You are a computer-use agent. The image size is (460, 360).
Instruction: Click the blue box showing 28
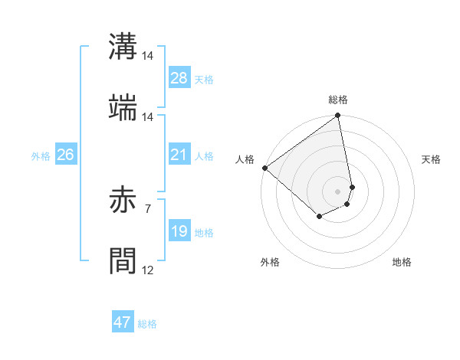[179, 78]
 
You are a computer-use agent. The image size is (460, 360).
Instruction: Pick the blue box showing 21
[179, 155]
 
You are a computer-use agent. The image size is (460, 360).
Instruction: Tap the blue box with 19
[179, 231]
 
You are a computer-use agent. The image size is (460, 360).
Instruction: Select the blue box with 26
[65, 155]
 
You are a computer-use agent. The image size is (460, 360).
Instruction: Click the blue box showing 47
[123, 322]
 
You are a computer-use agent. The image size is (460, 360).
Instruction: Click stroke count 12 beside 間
[147, 270]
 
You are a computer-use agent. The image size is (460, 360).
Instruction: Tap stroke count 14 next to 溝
[147, 57]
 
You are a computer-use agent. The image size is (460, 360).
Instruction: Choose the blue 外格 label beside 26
[41, 155]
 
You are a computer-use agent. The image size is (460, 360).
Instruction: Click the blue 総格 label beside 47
[147, 323]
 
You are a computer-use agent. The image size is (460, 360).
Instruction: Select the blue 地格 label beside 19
[204, 232]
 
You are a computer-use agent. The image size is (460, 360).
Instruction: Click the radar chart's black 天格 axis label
[432, 159]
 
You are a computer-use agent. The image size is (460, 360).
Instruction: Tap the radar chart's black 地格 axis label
[402, 262]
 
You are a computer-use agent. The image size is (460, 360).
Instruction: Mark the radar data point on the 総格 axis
[337, 116]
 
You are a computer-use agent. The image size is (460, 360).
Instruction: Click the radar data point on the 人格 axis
[264, 168]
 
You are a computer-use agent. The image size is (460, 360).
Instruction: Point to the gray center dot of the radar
[337, 191]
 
